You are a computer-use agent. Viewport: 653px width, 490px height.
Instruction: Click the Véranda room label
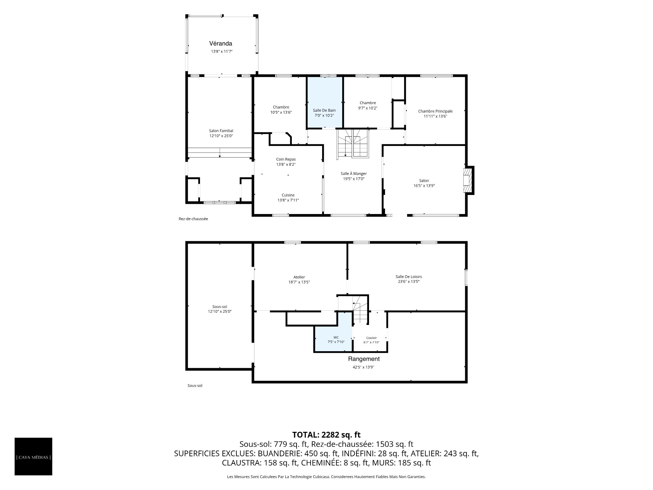coord(220,44)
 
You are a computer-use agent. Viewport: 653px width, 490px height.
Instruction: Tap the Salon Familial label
coord(221,131)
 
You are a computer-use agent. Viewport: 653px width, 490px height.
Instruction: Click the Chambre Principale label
coord(435,111)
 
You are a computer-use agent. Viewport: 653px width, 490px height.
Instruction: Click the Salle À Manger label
coord(354,174)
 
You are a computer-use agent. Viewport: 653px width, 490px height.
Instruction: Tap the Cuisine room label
coord(288,195)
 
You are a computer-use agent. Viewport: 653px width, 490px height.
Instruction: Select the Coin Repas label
coord(286,159)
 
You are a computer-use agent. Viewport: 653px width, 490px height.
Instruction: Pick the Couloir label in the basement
coord(371,338)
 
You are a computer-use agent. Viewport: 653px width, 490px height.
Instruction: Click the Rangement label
coord(364,359)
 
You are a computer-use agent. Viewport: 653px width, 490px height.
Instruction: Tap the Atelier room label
coord(299,277)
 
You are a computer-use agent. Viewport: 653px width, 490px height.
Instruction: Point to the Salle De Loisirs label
coord(408,277)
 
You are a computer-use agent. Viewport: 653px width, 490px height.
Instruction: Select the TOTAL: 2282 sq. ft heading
coord(326,435)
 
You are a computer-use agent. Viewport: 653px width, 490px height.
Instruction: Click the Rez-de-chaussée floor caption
coord(193,219)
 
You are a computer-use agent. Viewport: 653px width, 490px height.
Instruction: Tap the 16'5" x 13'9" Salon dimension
coord(424,186)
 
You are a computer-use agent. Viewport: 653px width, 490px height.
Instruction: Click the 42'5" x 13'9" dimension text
coord(364,367)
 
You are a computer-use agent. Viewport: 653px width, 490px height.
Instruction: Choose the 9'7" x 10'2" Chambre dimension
coord(368,108)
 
